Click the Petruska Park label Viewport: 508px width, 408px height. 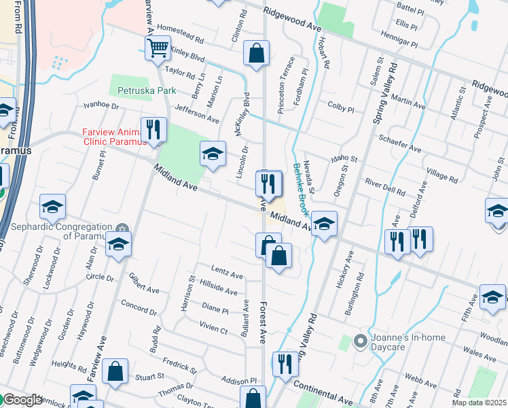tap(146, 90)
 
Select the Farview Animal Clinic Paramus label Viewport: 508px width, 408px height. tap(114, 137)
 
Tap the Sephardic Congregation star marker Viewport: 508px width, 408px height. tap(122, 228)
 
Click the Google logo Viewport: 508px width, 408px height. tap(22, 400)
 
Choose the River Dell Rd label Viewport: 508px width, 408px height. tap(384, 182)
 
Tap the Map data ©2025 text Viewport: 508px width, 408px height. tap(479, 403)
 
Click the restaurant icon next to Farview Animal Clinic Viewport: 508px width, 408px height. tap(153, 129)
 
